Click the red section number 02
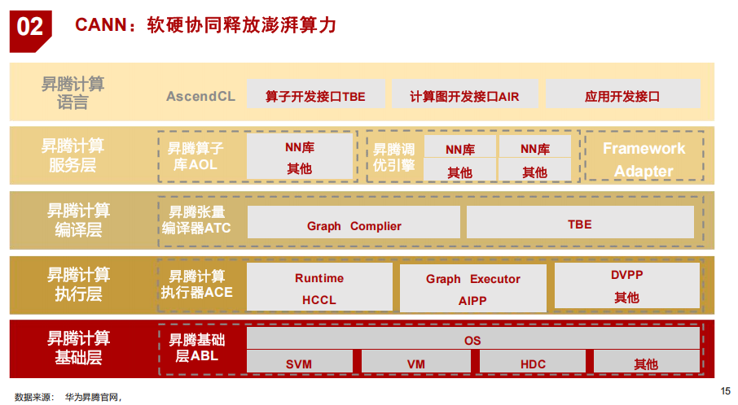(x=30, y=27)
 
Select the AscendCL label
(x=200, y=97)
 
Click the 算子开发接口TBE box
(x=314, y=97)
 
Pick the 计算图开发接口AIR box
(x=463, y=97)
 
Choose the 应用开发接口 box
(x=622, y=97)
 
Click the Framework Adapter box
(x=644, y=159)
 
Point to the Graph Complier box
(x=354, y=225)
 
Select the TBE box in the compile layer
(x=579, y=224)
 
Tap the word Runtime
(x=319, y=278)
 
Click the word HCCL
(x=319, y=299)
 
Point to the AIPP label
(x=472, y=300)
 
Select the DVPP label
(x=626, y=275)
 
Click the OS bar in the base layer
(x=472, y=341)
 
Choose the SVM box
(x=299, y=364)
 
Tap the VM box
(x=415, y=364)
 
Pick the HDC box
(x=533, y=364)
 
